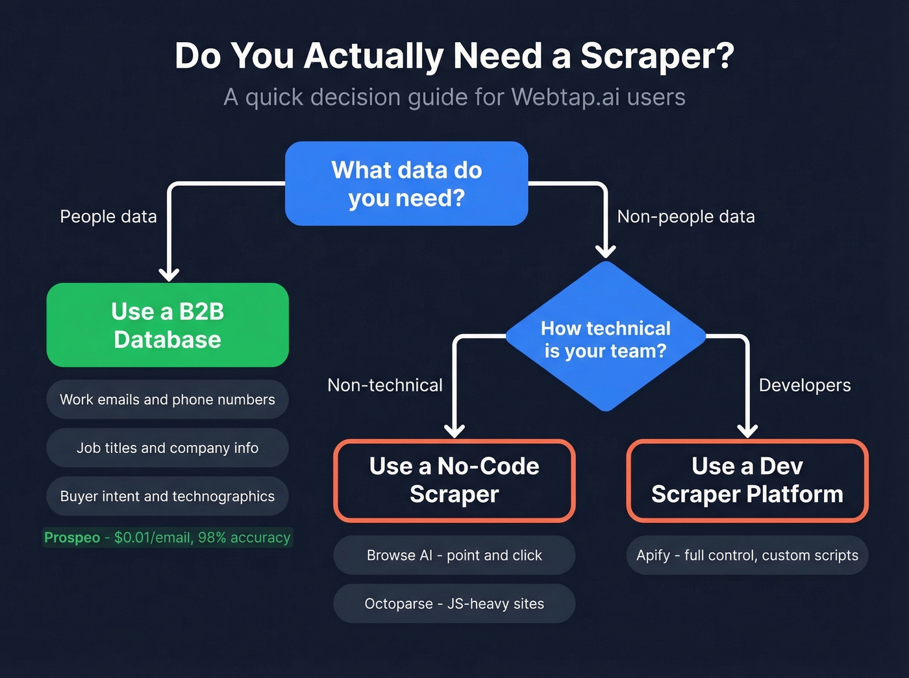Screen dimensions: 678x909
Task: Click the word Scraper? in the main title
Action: click(657, 56)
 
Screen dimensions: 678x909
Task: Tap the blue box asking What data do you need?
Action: click(406, 184)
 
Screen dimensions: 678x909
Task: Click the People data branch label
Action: click(108, 217)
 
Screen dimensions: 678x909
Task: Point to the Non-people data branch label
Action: click(686, 217)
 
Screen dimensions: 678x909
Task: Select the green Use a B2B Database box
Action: click(168, 325)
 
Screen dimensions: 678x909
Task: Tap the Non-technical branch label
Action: click(385, 385)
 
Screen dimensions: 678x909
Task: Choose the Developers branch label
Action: click(804, 385)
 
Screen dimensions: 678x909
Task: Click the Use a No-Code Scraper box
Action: click(454, 481)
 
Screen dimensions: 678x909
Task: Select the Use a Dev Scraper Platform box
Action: click(747, 481)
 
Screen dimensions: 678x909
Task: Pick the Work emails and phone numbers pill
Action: click(168, 400)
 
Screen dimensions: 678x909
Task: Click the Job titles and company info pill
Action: click(168, 448)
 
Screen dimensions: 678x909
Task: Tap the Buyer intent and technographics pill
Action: click(168, 496)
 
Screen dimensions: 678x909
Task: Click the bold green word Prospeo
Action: click(72, 538)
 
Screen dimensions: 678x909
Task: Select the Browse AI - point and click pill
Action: click(454, 555)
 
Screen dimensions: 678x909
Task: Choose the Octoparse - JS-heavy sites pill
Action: click(454, 603)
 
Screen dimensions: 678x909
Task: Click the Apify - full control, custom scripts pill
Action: click(747, 555)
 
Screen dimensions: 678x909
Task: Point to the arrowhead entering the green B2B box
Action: click(169, 274)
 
